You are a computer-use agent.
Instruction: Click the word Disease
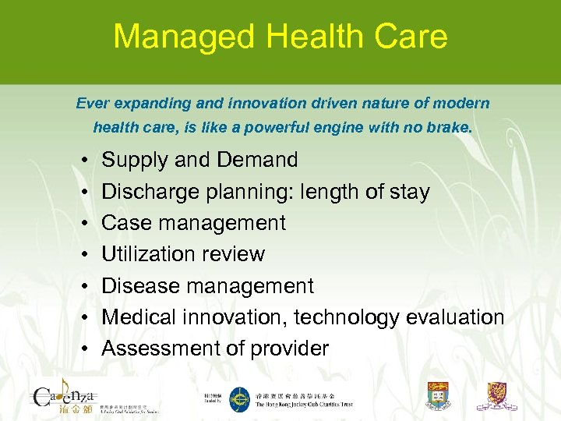[140, 286]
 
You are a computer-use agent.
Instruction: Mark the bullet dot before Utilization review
[83, 255]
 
